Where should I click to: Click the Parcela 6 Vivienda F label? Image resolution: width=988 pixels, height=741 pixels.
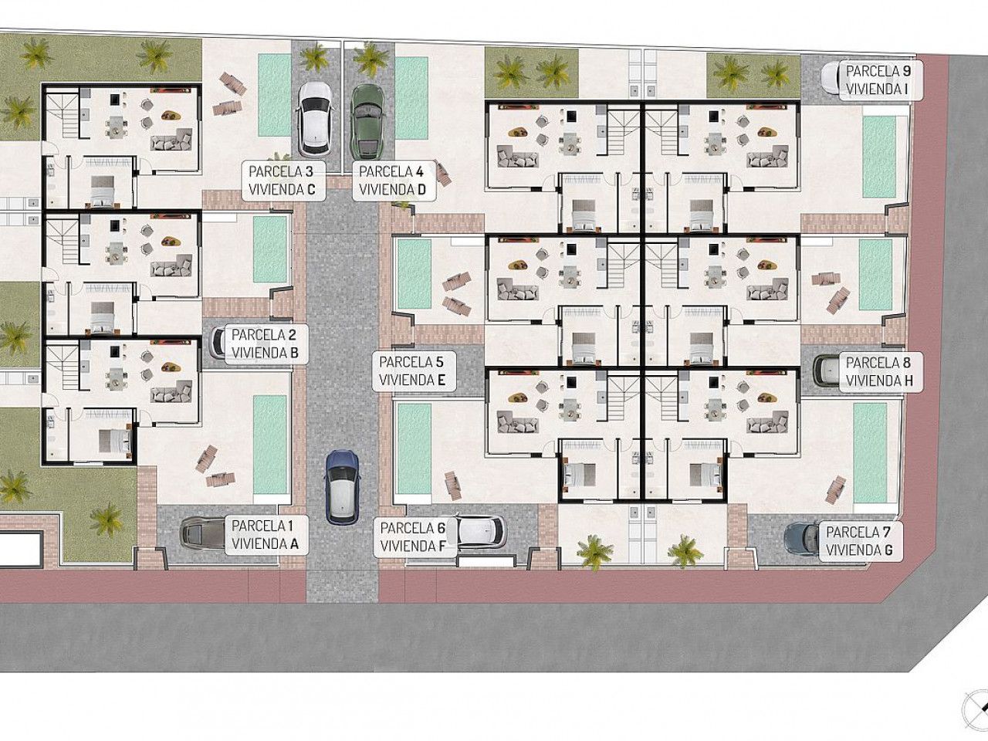coord(413,536)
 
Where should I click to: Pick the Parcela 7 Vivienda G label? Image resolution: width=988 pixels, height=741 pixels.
coord(861,541)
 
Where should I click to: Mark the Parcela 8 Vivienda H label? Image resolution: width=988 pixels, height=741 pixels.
coord(878,371)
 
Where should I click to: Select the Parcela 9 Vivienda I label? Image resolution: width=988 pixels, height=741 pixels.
coord(878,80)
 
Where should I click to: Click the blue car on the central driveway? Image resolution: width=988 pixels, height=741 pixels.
coord(342,487)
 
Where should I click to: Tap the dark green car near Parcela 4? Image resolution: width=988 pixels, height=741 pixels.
coord(367,121)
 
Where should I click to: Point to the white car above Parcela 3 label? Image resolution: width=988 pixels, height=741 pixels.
coord(315,119)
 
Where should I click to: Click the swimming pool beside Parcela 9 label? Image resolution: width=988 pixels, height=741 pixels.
coord(878,156)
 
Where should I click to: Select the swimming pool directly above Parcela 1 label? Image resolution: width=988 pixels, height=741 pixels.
coord(269,444)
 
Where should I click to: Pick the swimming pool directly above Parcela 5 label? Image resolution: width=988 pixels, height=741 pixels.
coord(414,274)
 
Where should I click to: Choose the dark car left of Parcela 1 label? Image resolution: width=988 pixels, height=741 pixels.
coord(202,533)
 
